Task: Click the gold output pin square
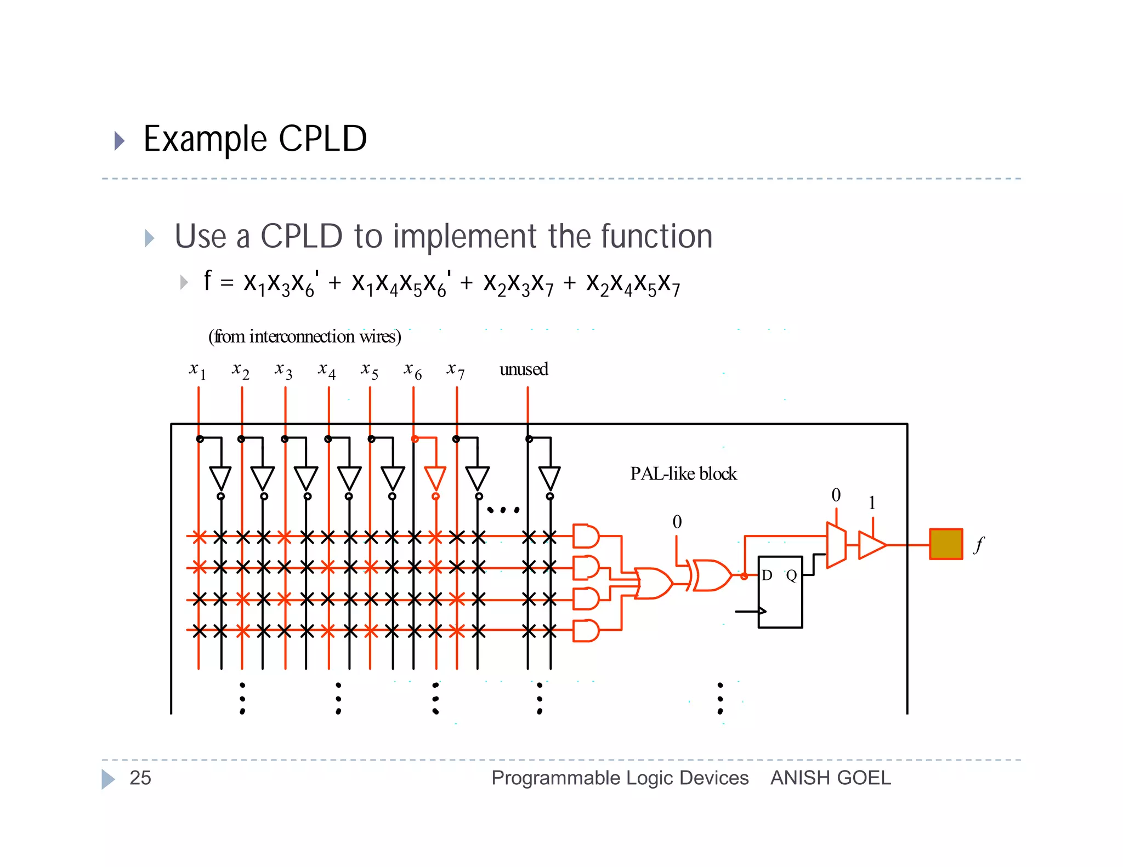[946, 544]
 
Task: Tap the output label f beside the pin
[979, 545]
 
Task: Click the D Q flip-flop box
[780, 592]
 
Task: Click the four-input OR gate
[653, 583]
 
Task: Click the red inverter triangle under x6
[435, 478]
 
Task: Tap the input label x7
[456, 370]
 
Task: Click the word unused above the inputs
[523, 369]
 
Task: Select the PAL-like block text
[683, 474]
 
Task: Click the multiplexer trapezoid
[836, 545]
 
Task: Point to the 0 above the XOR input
[677, 522]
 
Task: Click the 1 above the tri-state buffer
[872, 503]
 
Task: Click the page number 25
[140, 778]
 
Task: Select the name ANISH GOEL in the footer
[830, 778]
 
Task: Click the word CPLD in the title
[322, 139]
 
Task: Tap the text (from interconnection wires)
[304, 336]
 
